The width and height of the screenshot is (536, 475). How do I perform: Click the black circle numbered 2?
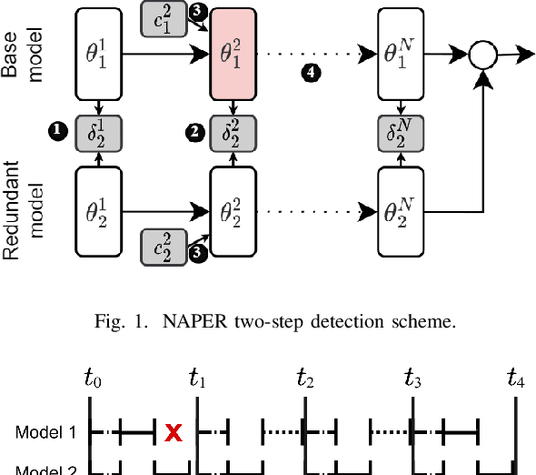[192, 133]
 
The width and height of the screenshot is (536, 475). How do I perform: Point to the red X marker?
[172, 432]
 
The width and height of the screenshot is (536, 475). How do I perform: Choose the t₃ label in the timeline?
[414, 377]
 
